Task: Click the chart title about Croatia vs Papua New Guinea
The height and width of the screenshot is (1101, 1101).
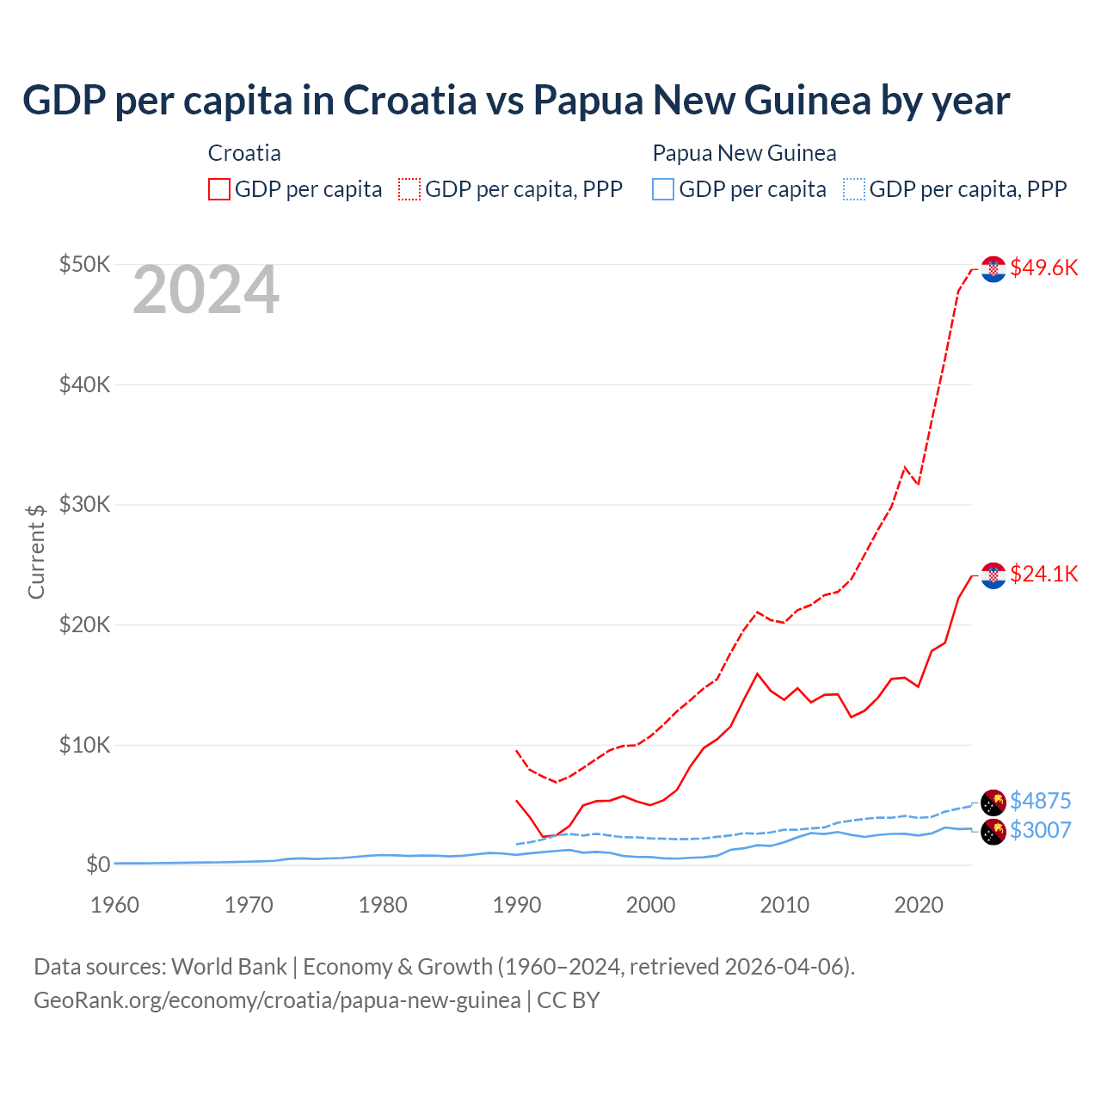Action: click(516, 100)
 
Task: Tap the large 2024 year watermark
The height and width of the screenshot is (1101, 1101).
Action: click(206, 290)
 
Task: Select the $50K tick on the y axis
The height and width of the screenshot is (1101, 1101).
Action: click(84, 264)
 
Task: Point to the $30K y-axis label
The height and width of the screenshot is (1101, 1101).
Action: click(84, 504)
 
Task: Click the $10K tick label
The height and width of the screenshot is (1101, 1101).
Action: click(84, 745)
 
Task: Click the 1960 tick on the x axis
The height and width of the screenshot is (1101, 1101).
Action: click(114, 905)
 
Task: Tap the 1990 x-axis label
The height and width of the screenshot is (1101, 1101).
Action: click(517, 905)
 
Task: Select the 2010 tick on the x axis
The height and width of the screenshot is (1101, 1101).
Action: click(784, 905)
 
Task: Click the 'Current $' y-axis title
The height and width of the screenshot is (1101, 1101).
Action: click(36, 551)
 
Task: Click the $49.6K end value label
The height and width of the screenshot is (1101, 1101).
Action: click(1043, 268)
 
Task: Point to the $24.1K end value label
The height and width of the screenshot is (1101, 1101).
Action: click(1043, 574)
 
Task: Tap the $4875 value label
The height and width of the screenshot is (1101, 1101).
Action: click(1040, 801)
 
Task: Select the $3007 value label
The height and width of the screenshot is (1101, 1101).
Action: click(1040, 830)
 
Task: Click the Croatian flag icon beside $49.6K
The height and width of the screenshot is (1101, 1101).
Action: click(993, 269)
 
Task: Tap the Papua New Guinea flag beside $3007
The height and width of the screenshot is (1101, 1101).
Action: click(993, 832)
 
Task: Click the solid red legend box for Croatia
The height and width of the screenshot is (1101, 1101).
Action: click(219, 189)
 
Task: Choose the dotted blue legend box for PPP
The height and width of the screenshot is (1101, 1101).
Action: click(854, 189)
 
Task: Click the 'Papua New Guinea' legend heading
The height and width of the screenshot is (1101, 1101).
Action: click(744, 153)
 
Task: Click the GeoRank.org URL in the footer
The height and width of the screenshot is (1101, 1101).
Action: click(277, 1000)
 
